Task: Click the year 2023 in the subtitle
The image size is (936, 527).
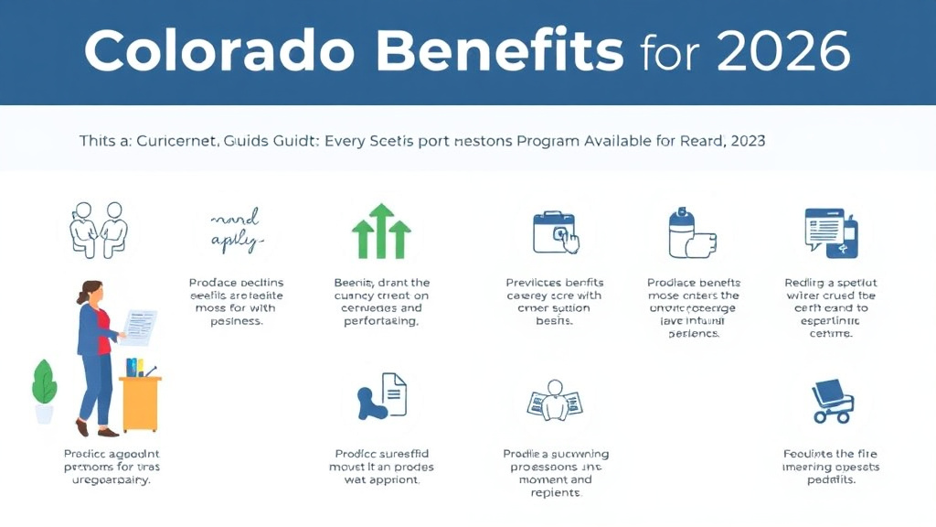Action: [745, 142]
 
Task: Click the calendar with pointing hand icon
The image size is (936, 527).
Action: [555, 231]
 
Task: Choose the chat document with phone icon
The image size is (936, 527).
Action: [829, 231]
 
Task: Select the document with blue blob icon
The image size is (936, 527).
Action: [381, 400]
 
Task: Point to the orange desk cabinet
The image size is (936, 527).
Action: [141, 403]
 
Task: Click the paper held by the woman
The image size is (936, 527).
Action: [139, 326]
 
